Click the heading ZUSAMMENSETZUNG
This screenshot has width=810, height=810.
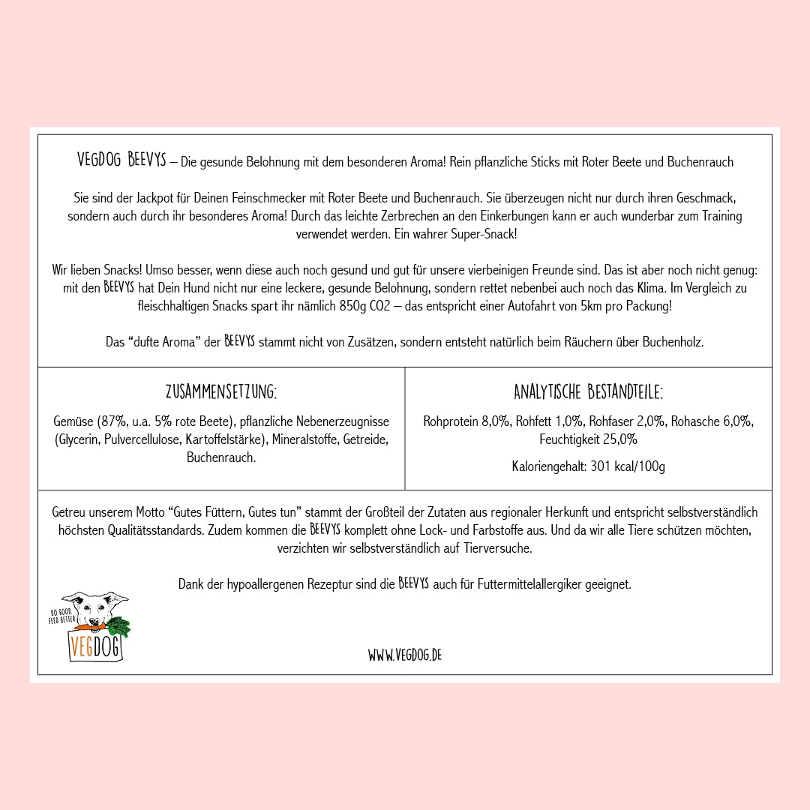[x=221, y=392]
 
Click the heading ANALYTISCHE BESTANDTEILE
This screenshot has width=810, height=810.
[x=588, y=392]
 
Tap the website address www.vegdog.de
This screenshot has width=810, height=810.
[x=404, y=655]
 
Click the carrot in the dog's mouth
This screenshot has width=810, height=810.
[x=88, y=627]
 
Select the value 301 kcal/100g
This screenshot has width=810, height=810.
[x=628, y=466]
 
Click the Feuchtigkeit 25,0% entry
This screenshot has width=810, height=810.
[x=588, y=439]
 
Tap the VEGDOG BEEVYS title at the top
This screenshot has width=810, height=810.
[x=121, y=160]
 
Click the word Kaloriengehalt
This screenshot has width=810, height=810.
[x=548, y=466]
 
